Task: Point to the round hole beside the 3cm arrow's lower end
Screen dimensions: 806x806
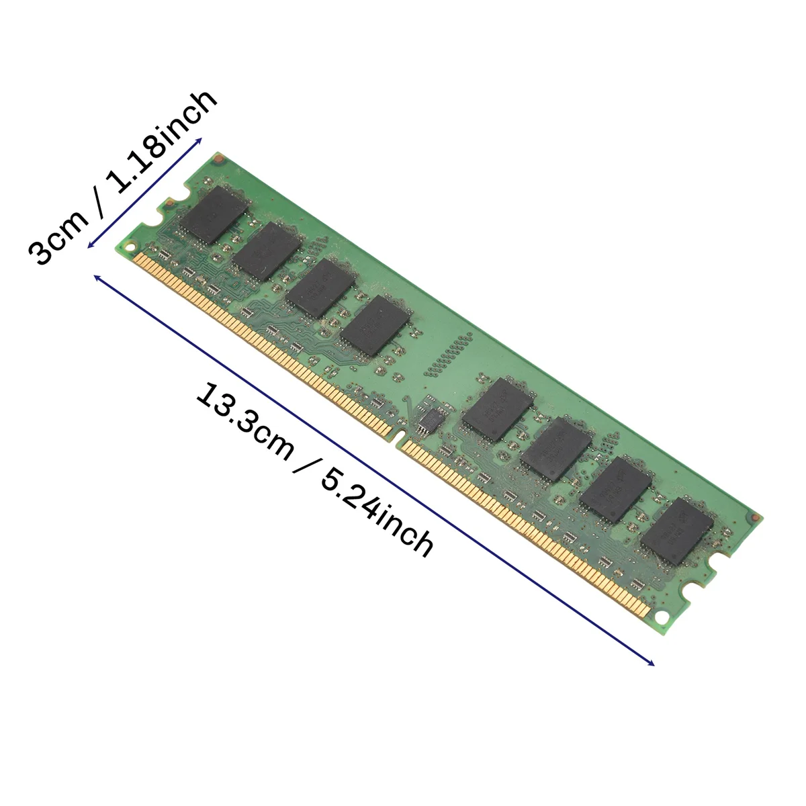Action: pyautogui.click(x=130, y=244)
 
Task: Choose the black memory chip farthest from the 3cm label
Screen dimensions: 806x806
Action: pyautogui.click(x=676, y=530)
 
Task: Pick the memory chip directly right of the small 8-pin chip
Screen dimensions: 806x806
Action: pyautogui.click(x=498, y=408)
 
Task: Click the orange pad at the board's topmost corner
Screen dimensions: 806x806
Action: pyautogui.click(x=216, y=159)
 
